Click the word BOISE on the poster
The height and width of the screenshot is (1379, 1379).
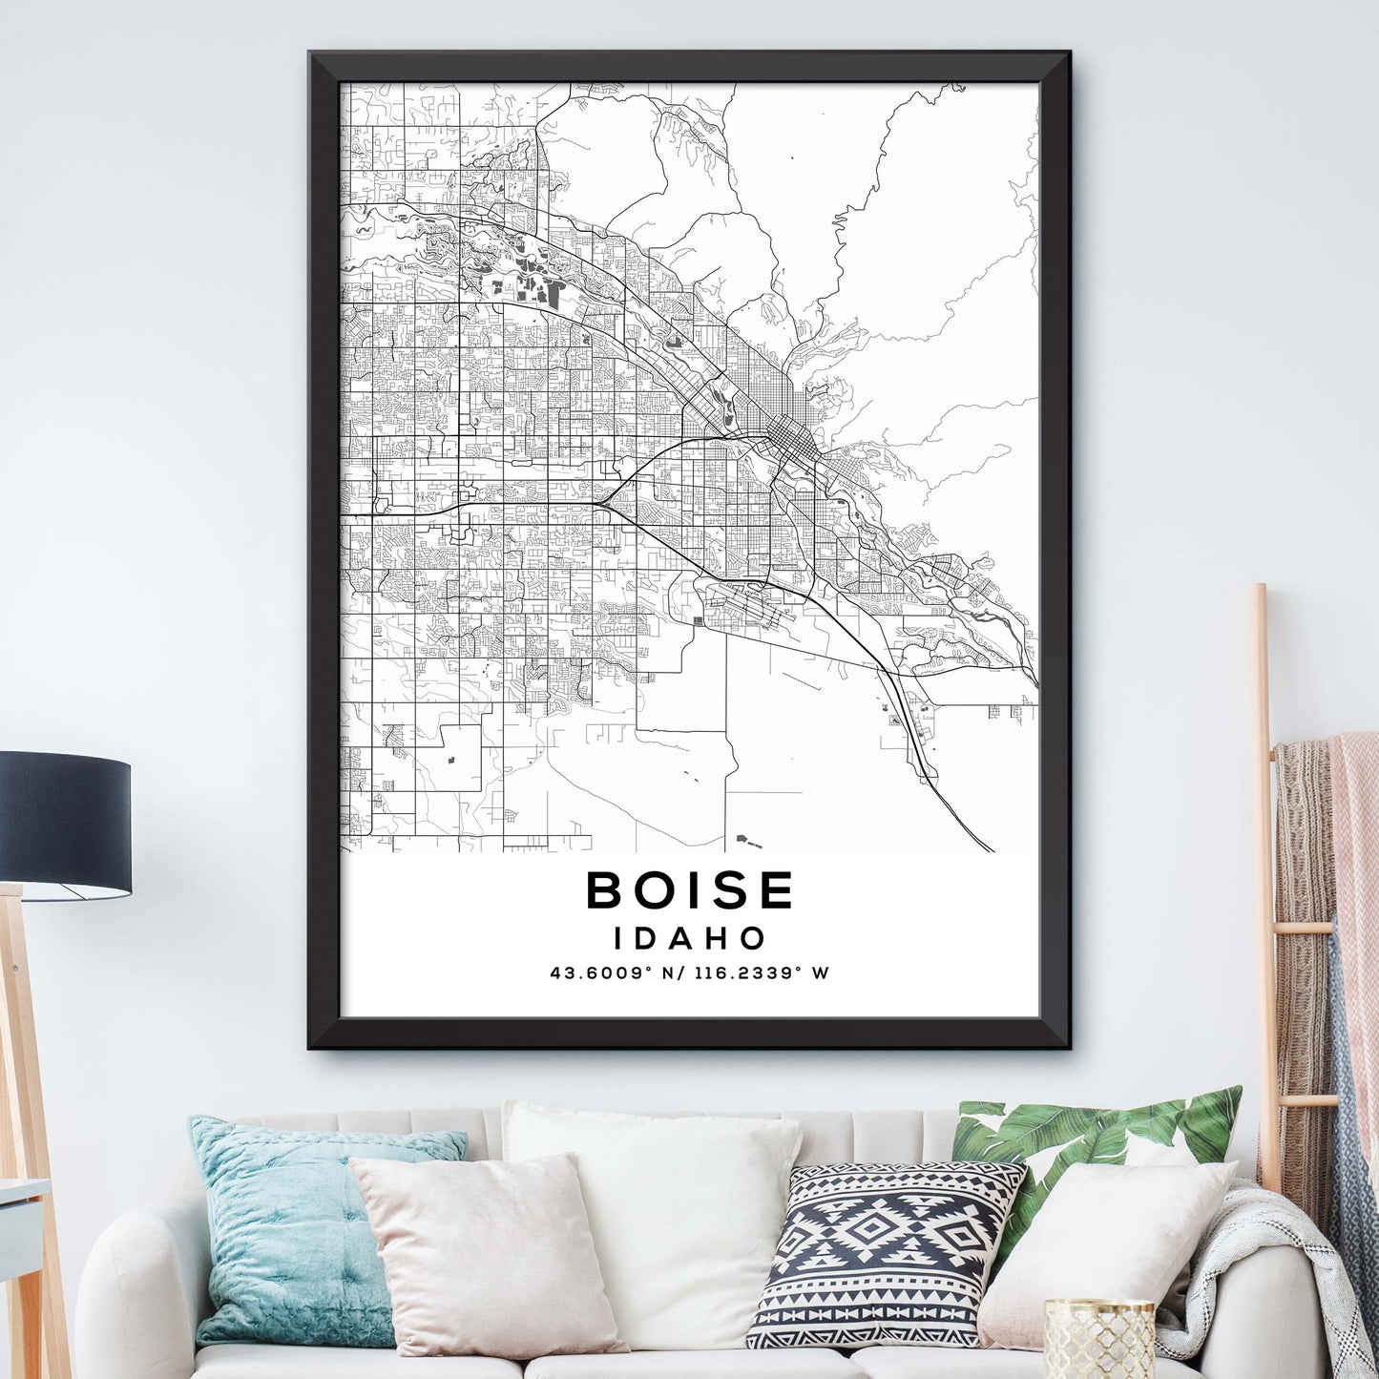(689, 890)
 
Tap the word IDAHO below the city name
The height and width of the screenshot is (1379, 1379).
(690, 938)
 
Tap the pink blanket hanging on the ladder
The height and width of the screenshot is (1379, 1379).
(1355, 859)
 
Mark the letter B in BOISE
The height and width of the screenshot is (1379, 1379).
(605, 890)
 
